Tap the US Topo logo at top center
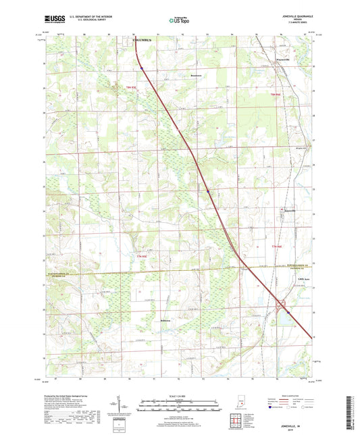[x=179, y=20]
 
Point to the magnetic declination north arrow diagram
[x=126, y=407]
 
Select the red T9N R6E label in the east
[x=275, y=94]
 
